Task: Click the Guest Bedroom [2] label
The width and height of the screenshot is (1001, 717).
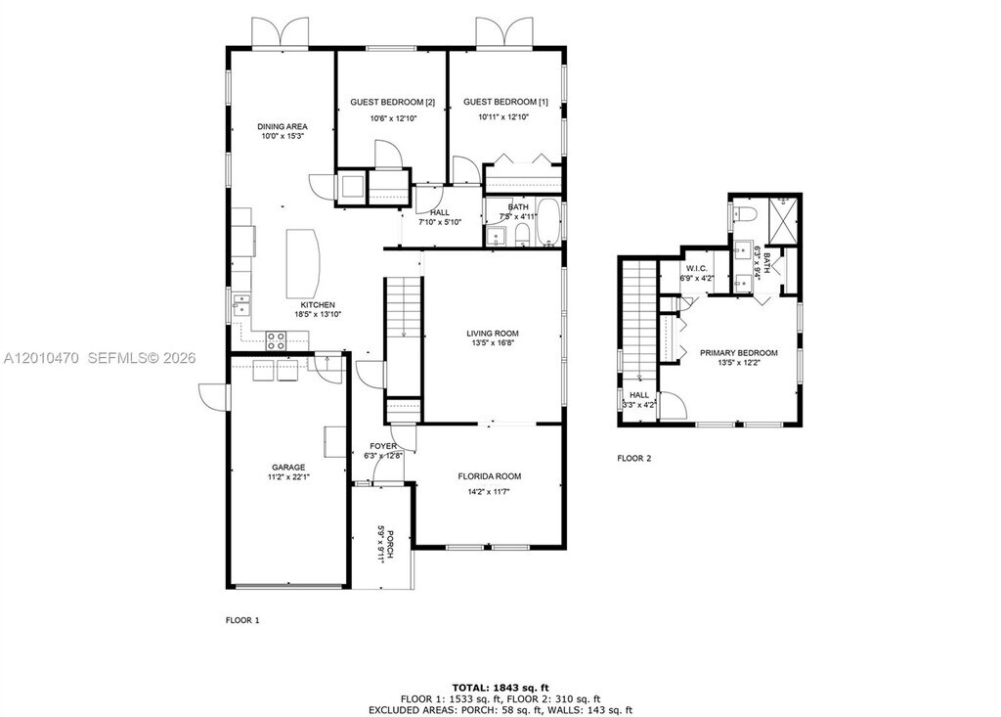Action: click(393, 103)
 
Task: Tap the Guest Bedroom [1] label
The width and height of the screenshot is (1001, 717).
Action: click(505, 103)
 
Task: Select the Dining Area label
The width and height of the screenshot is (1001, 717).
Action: click(283, 126)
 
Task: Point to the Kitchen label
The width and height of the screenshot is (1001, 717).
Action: click(318, 305)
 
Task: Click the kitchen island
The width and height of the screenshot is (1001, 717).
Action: click(303, 261)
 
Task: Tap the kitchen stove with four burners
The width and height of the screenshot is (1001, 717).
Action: click(276, 340)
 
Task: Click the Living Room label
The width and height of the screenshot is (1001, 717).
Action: click(493, 334)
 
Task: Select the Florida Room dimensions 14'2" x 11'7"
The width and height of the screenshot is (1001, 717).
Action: click(490, 491)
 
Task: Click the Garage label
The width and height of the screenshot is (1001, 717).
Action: click(288, 468)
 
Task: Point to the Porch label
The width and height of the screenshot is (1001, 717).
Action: click(389, 544)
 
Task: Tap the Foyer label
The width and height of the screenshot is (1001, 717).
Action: click(383, 446)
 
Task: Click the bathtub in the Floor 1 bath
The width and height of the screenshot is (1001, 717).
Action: click(548, 222)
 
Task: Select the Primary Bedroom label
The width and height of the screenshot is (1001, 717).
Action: click(739, 353)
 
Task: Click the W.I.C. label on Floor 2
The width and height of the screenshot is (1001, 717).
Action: click(696, 268)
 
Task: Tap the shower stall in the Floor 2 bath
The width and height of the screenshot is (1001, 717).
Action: click(782, 220)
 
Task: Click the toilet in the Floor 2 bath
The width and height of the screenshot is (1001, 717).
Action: click(744, 213)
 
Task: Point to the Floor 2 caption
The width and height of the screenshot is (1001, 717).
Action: click(633, 458)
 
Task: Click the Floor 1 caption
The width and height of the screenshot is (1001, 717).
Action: click(242, 620)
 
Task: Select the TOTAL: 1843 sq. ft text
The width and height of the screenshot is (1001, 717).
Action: click(500, 688)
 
